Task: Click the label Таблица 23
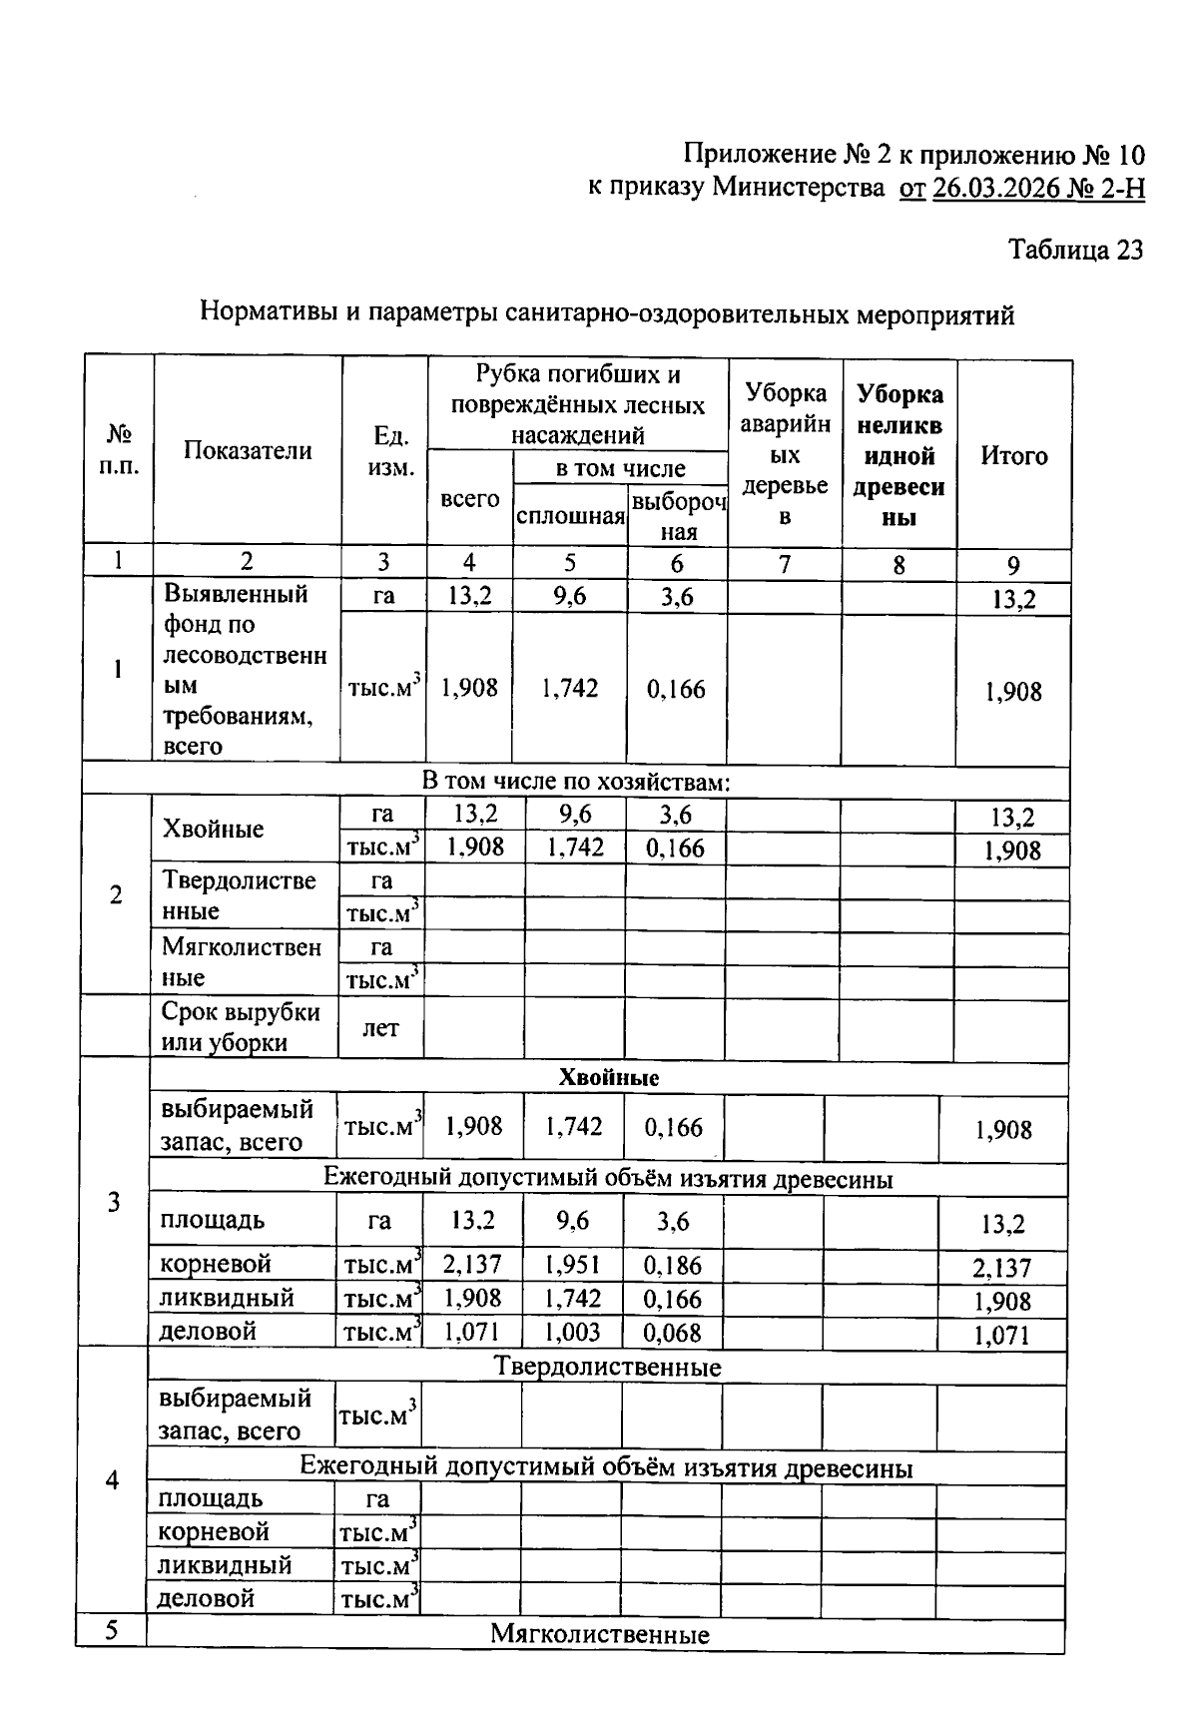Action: coord(1074,250)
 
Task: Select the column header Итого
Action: coord(1013,456)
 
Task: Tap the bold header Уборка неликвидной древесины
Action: coord(899,456)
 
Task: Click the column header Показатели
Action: coord(248,450)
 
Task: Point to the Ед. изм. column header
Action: coord(384,451)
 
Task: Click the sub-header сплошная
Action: coord(570,517)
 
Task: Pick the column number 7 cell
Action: coord(785,564)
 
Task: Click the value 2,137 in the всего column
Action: coord(472,1265)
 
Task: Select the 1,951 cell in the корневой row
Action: coord(573,1265)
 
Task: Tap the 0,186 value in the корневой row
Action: coord(673,1265)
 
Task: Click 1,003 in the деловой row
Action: coord(573,1332)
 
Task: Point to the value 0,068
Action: coord(673,1332)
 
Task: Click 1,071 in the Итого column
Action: coord(1001,1335)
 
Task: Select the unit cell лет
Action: coord(380,1027)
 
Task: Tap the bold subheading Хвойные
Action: coord(608,1078)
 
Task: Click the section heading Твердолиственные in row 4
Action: coord(607,1367)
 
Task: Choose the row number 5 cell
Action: coord(112,1630)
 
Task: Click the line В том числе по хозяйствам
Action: coord(576,782)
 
